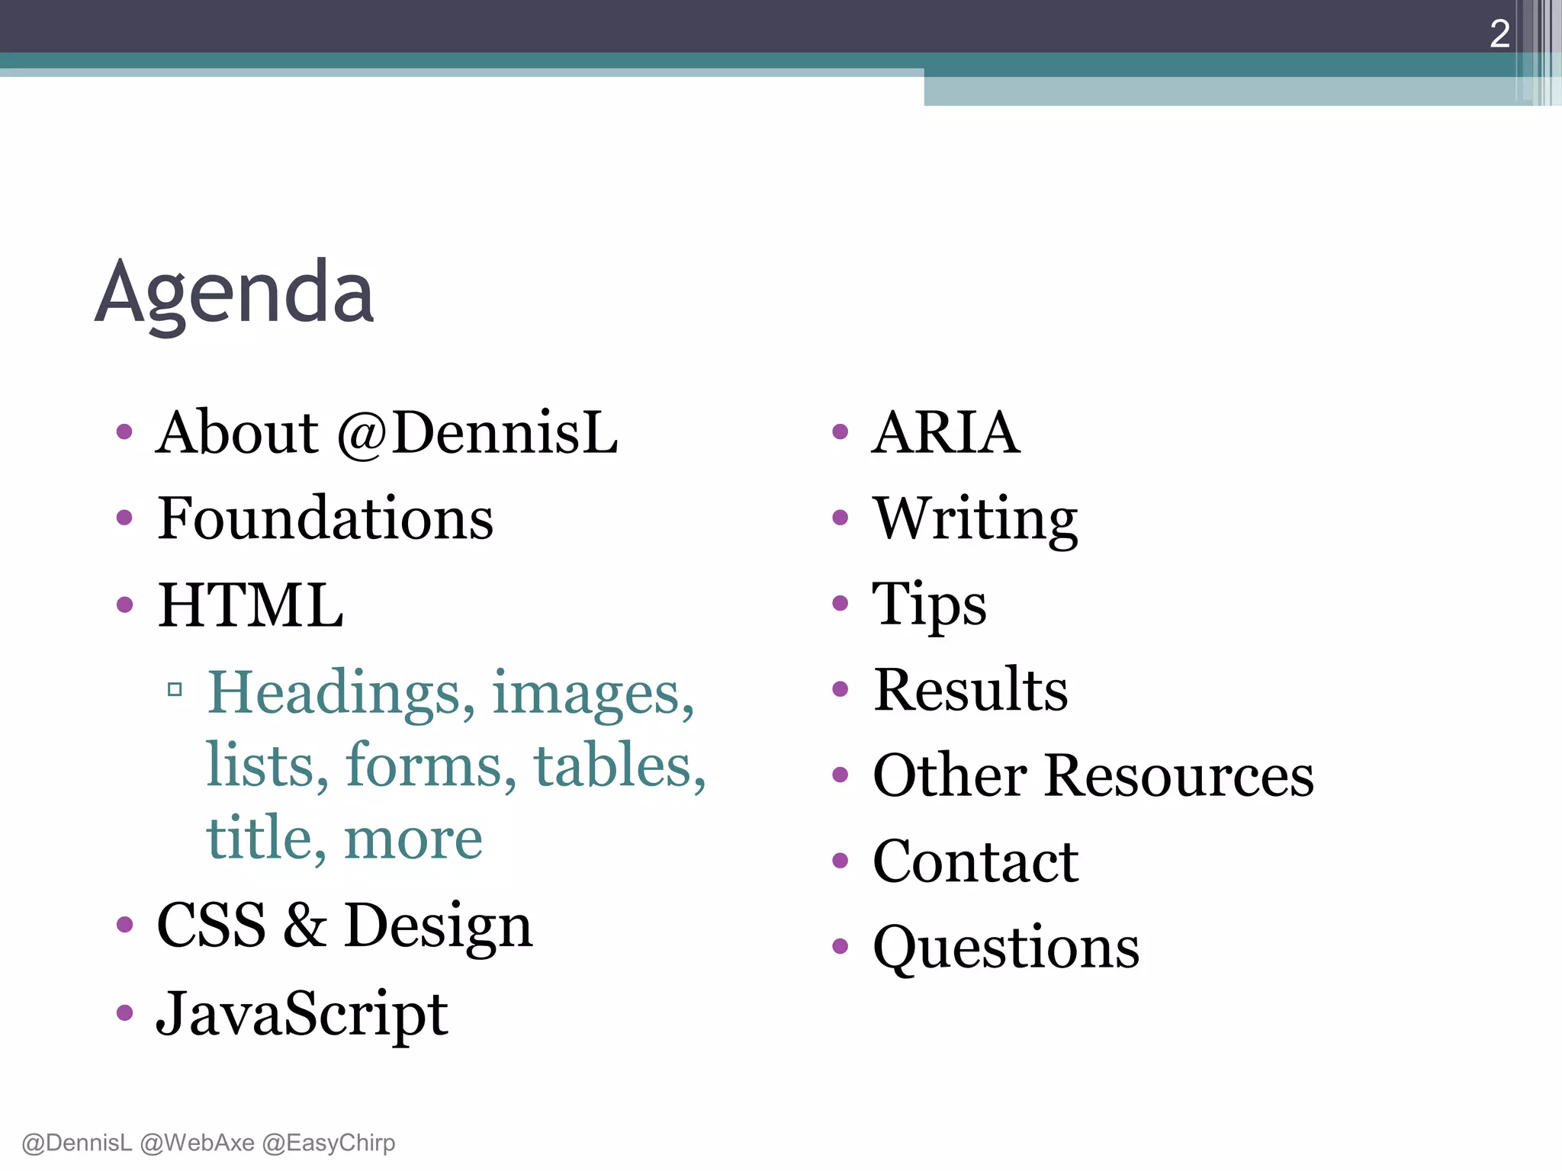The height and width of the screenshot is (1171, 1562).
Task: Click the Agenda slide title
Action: (x=234, y=294)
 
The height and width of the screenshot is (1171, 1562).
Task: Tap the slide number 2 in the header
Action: (x=1499, y=34)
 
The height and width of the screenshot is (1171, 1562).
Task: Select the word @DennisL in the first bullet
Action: (x=477, y=433)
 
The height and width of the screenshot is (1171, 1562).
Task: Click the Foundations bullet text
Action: (x=326, y=518)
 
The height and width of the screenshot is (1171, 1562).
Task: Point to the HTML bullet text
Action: (x=250, y=605)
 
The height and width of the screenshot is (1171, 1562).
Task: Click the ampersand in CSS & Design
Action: (x=305, y=925)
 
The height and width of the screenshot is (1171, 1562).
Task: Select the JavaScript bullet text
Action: (x=302, y=1014)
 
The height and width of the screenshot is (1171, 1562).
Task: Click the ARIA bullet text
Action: (x=946, y=433)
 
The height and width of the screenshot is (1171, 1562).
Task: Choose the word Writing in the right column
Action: (x=975, y=518)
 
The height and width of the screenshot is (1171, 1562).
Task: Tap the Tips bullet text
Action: (x=929, y=605)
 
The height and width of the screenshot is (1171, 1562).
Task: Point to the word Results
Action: (x=970, y=690)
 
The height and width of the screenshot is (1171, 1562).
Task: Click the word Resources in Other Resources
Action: (x=1179, y=776)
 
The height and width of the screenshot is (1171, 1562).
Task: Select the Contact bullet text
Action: (x=975, y=861)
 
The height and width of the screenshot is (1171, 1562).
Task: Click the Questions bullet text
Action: (x=1006, y=948)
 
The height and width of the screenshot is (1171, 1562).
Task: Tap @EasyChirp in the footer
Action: (x=329, y=1143)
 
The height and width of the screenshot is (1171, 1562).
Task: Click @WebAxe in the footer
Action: (x=198, y=1143)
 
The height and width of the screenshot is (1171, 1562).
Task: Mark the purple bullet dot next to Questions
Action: (x=840, y=947)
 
